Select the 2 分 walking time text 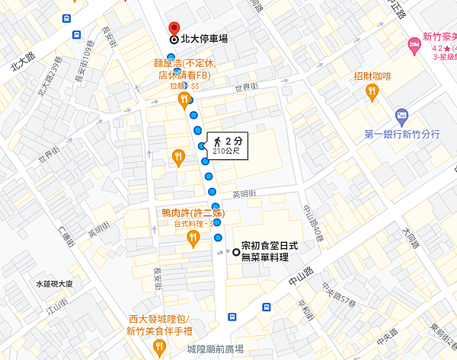click(x=233, y=141)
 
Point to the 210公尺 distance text click(x=229, y=152)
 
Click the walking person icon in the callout click(x=218, y=141)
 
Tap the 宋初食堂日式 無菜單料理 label click(x=264, y=253)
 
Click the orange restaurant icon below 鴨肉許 click(x=193, y=239)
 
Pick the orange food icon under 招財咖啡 click(x=372, y=93)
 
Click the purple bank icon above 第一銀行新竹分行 click(x=402, y=117)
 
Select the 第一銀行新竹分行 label click(x=402, y=135)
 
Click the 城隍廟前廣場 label click(x=215, y=349)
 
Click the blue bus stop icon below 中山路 click(x=266, y=307)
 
